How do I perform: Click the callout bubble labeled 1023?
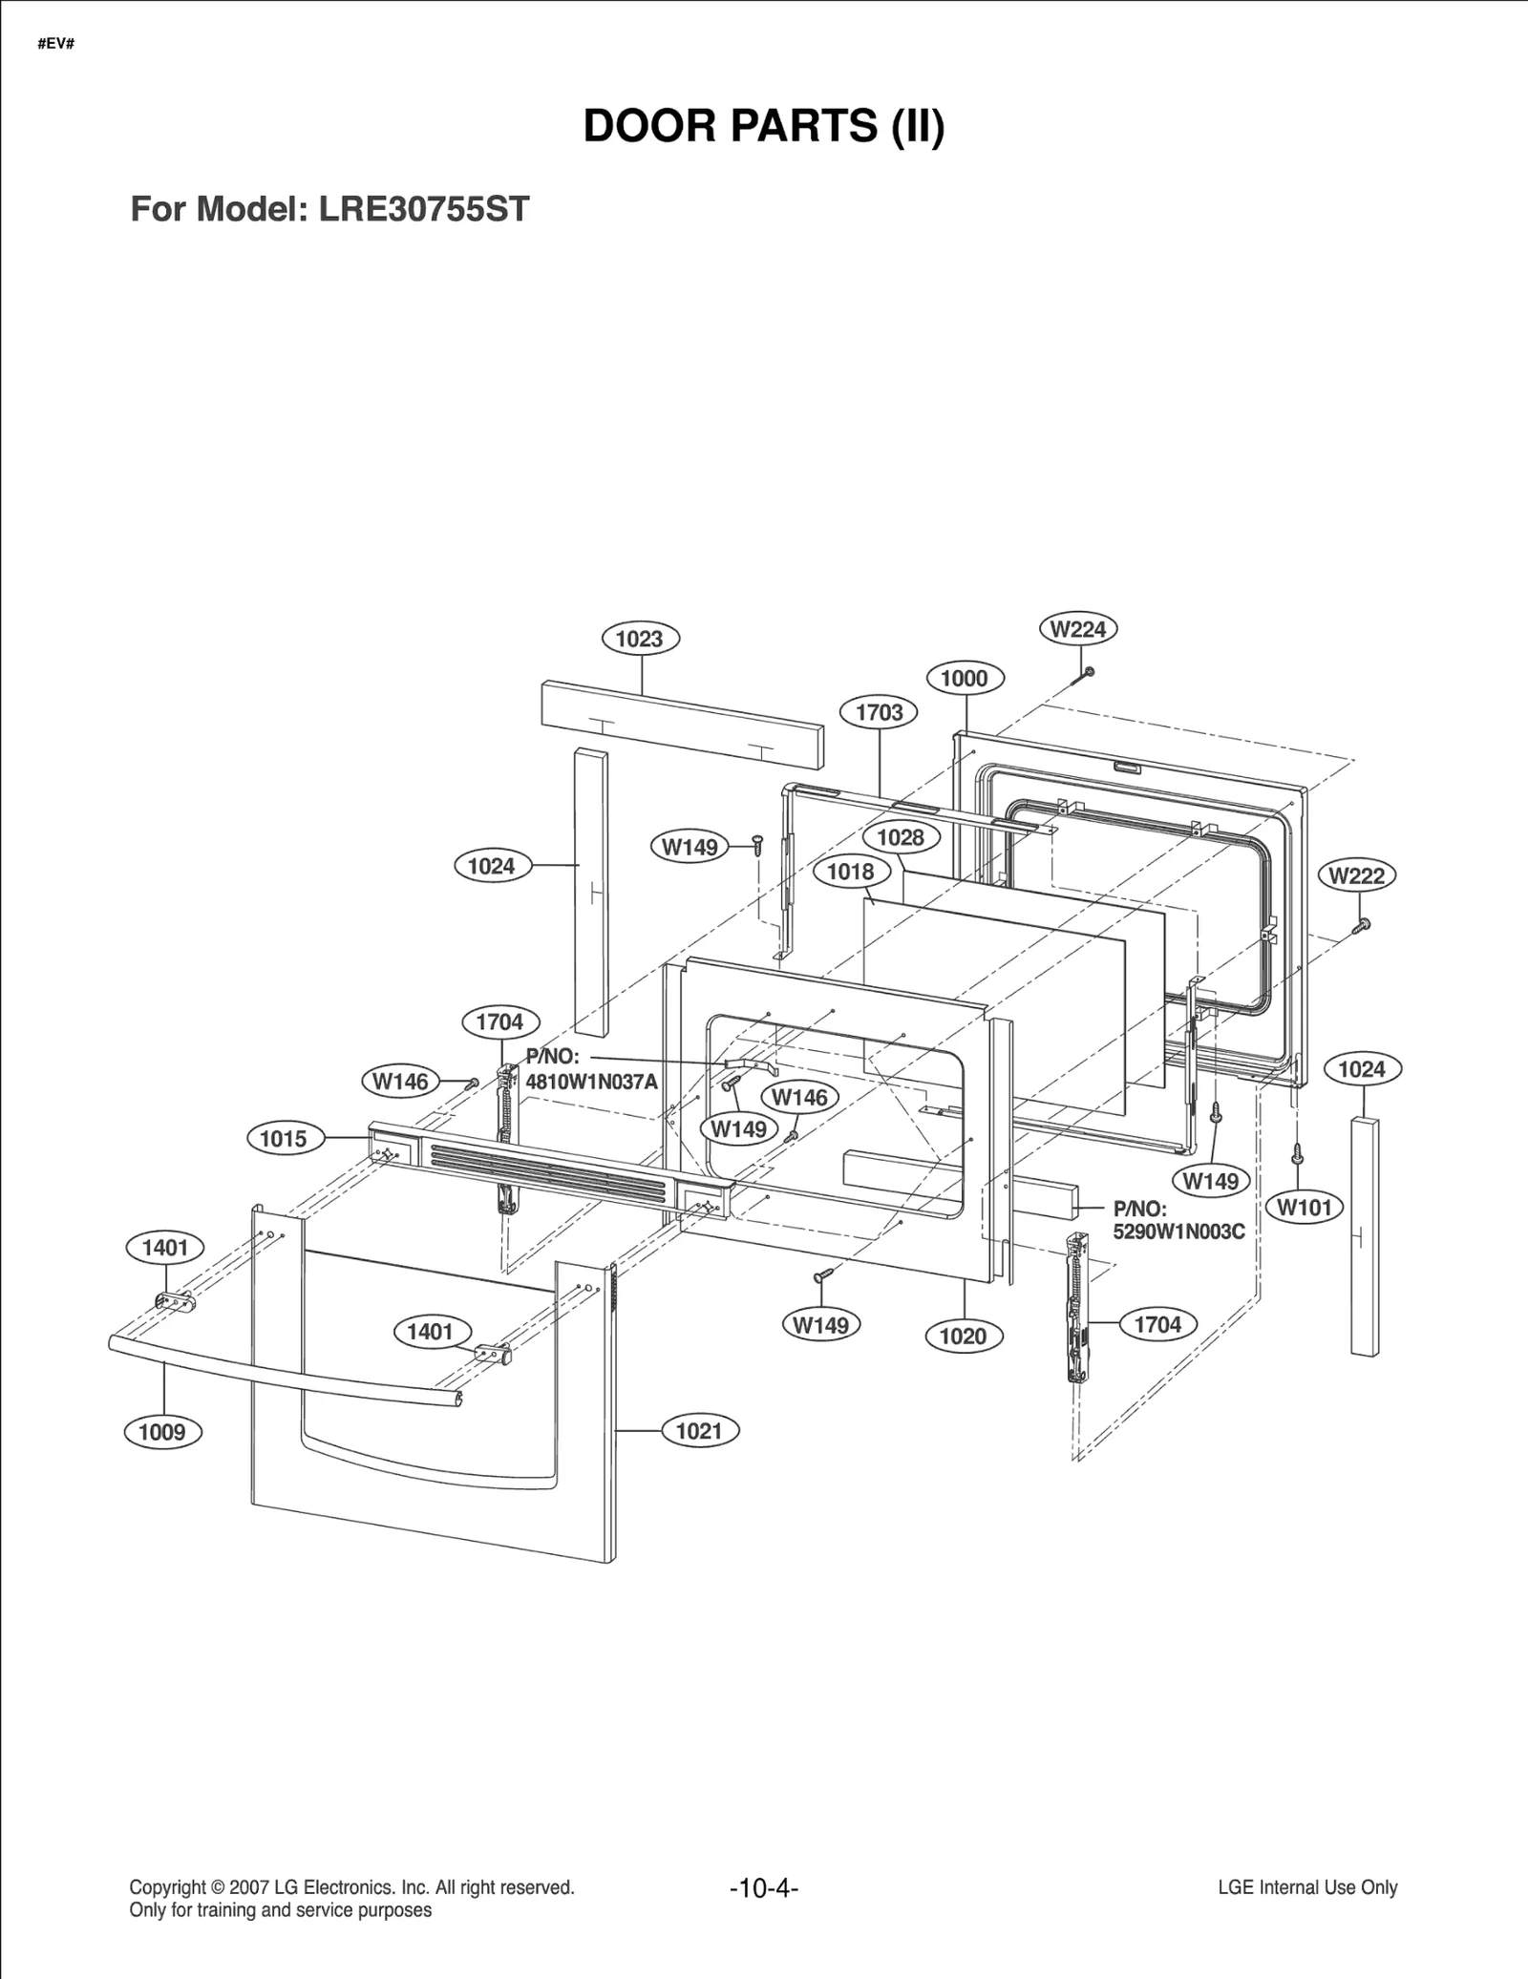640,639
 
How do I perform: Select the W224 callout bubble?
1077,629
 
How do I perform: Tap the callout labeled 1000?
965,679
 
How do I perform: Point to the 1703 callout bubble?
879,712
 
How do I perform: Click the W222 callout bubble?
1356,875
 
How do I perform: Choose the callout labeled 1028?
901,837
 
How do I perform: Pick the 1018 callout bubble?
850,872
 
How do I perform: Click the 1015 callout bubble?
284,1139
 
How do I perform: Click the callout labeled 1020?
963,1337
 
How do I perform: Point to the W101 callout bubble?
1305,1208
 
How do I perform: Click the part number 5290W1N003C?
1178,1232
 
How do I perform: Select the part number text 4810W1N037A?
591,1082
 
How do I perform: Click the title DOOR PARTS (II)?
763,126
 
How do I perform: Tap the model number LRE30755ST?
423,209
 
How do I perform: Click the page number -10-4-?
763,1888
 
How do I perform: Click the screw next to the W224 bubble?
1087,674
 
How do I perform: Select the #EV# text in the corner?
56,44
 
